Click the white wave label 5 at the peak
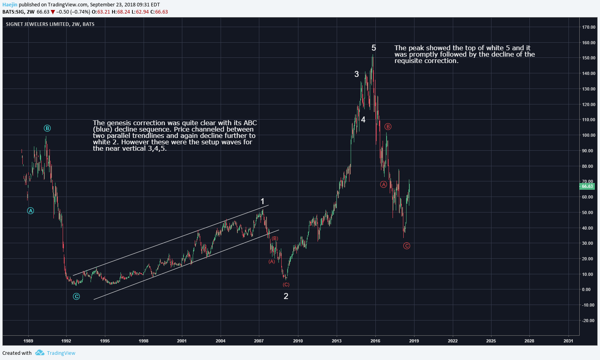pos(374,48)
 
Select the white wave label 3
pos(357,74)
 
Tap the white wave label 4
pos(363,120)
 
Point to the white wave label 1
pos(262,201)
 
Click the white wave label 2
pos(286,296)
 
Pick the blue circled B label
pos(47,128)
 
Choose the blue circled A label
pos(31,211)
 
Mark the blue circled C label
pos(76,296)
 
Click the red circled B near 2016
pos(388,127)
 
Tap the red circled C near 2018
pos(407,246)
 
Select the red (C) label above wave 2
pos(286,285)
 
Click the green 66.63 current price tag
pos(587,186)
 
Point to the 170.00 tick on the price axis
pos(588,27)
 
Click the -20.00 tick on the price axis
pos(588,321)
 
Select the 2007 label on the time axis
pos(259,341)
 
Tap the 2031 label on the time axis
pos(568,341)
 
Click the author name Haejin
pos(10,5)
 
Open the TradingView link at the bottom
pos(61,353)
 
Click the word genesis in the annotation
pos(118,123)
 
